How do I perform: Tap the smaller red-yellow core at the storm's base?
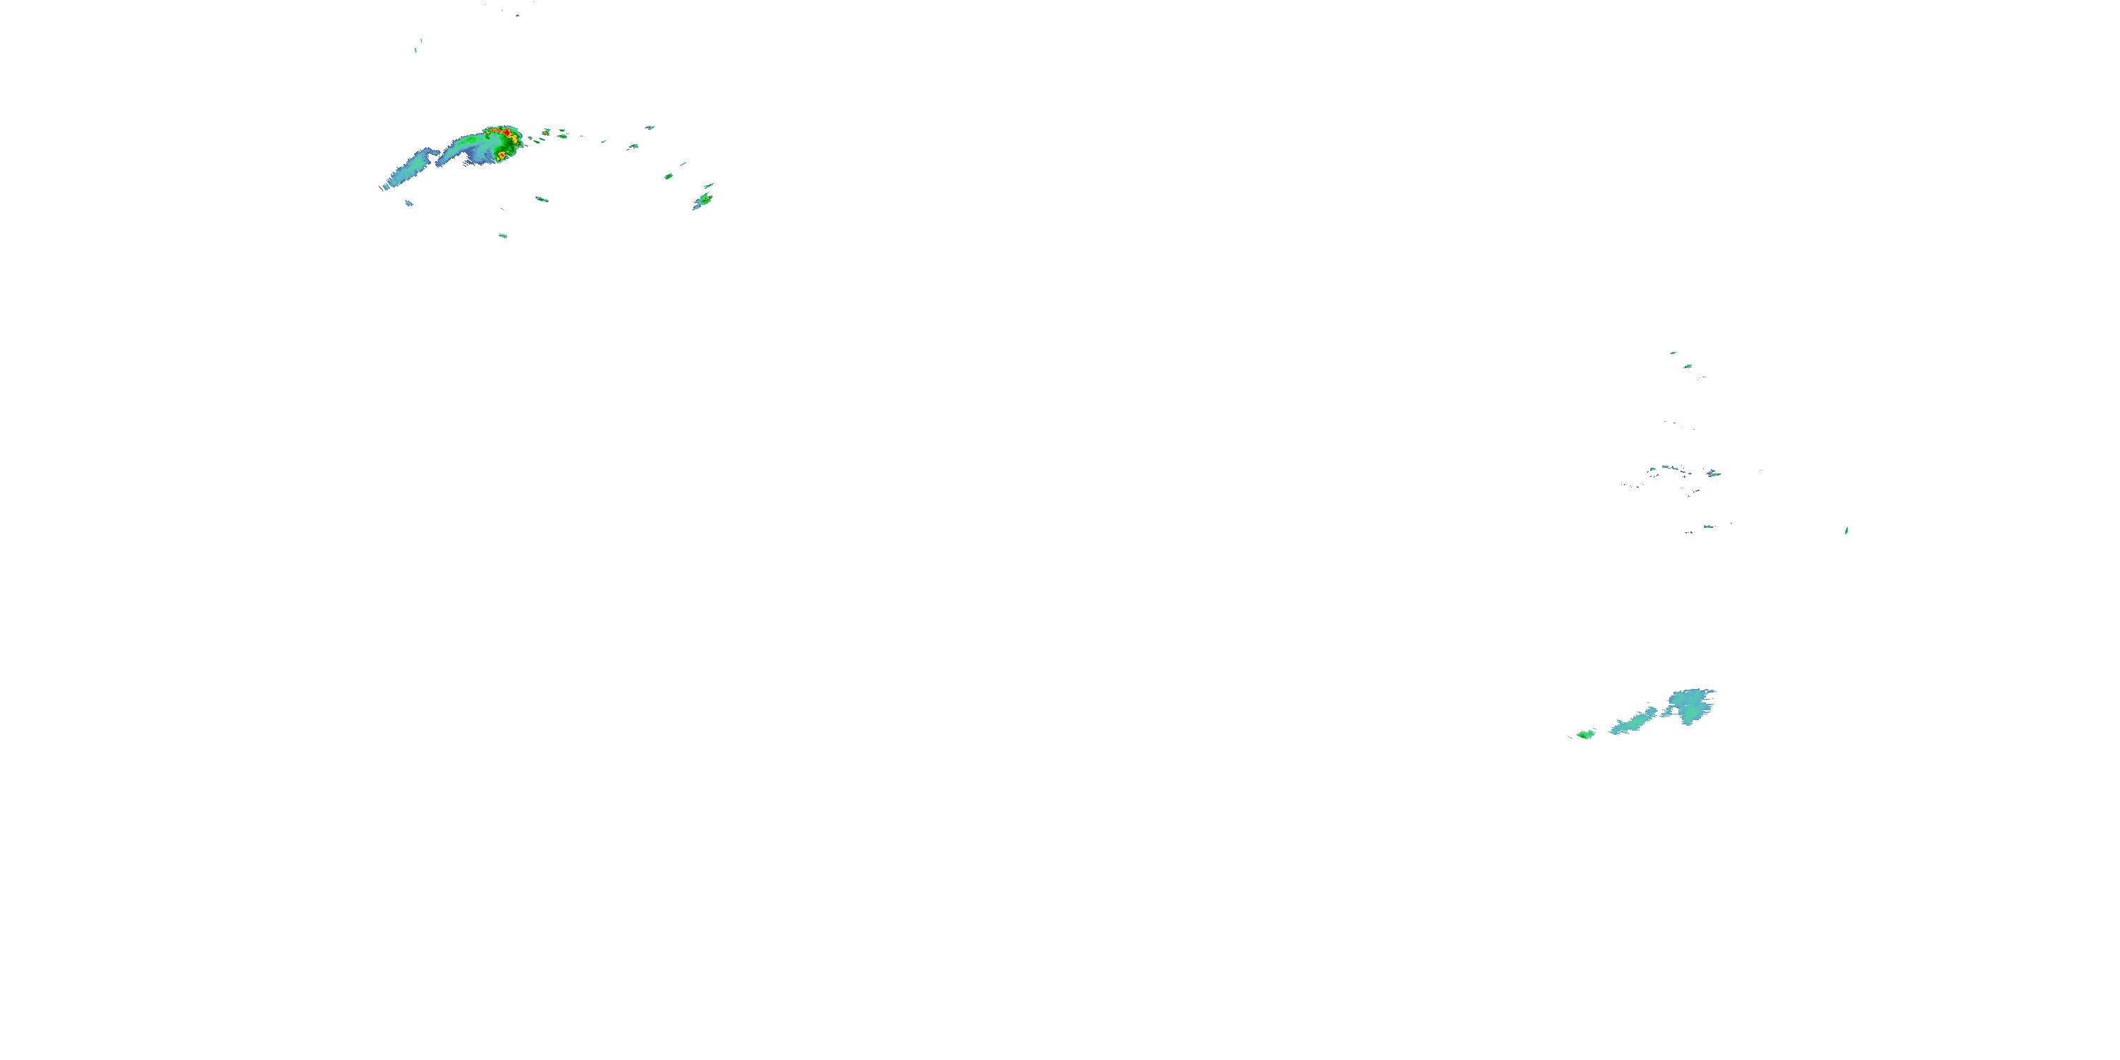[x=501, y=155]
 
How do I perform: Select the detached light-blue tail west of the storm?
[x=411, y=170]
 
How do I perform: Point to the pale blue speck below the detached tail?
[x=409, y=204]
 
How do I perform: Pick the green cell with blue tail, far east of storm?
[x=704, y=200]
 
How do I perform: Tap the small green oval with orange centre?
[x=669, y=176]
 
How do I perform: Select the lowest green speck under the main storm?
[x=503, y=236]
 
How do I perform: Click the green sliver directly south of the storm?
[x=541, y=199]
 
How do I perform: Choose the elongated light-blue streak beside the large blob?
[x=1634, y=722]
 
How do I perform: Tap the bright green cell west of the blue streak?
[x=1585, y=734]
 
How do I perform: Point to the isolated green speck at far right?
[x=1846, y=531]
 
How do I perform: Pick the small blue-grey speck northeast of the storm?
[x=650, y=128]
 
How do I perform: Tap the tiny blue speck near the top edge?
[x=517, y=15]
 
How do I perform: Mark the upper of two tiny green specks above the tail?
[x=421, y=40]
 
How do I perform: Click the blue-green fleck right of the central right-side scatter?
[x=1714, y=473]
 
